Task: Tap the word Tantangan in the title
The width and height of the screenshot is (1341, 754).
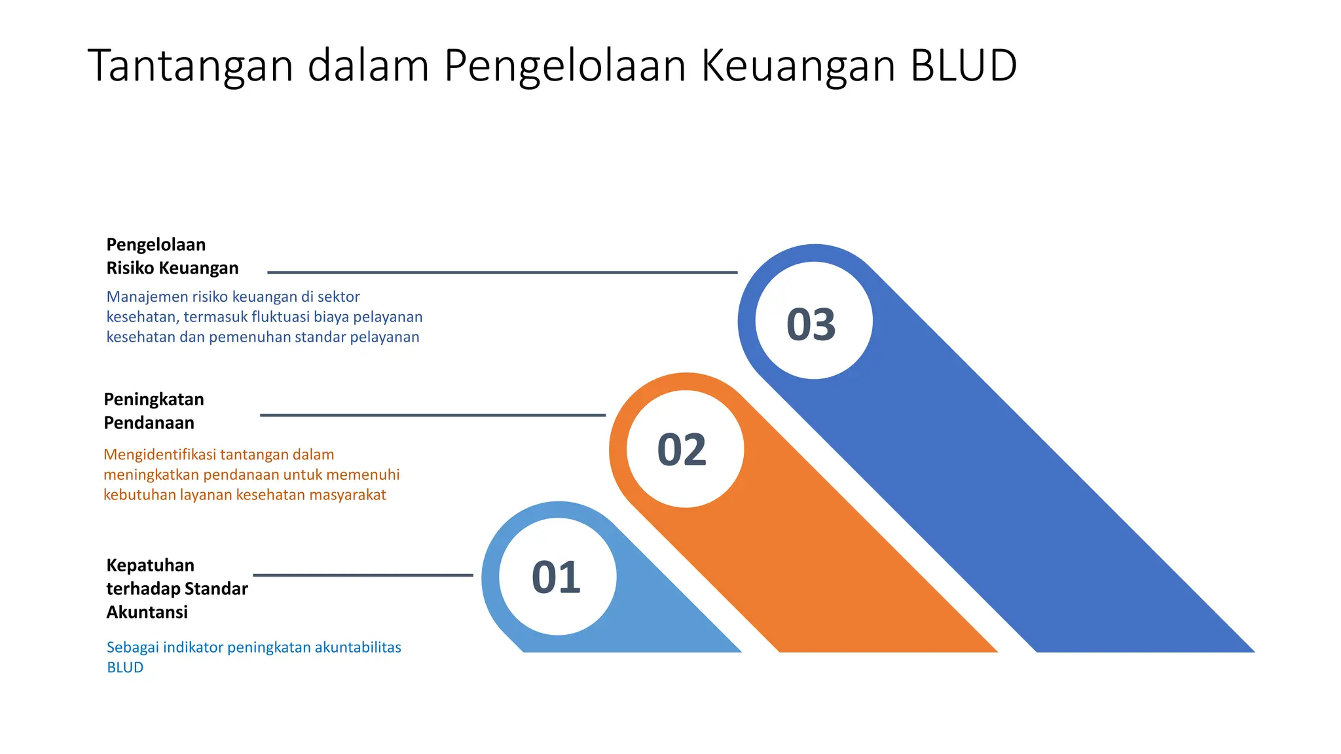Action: (x=190, y=67)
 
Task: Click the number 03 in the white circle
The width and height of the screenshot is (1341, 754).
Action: (x=811, y=325)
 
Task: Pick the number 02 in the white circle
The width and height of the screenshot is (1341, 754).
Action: (x=682, y=450)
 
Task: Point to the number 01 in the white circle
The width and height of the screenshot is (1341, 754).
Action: (x=556, y=578)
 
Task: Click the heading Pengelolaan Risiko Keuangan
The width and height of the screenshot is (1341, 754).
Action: (x=172, y=257)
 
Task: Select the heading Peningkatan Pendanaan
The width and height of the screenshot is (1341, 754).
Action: (x=154, y=411)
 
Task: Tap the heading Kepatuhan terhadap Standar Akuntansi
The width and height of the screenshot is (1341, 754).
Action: (x=177, y=588)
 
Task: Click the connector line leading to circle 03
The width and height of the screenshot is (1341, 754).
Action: (x=502, y=272)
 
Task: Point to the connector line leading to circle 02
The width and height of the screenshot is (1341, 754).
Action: (x=432, y=415)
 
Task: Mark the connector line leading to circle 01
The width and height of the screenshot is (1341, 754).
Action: (x=363, y=575)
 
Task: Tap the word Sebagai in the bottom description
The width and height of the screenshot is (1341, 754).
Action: (x=132, y=648)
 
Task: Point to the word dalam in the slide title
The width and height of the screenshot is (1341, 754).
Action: (x=368, y=65)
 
